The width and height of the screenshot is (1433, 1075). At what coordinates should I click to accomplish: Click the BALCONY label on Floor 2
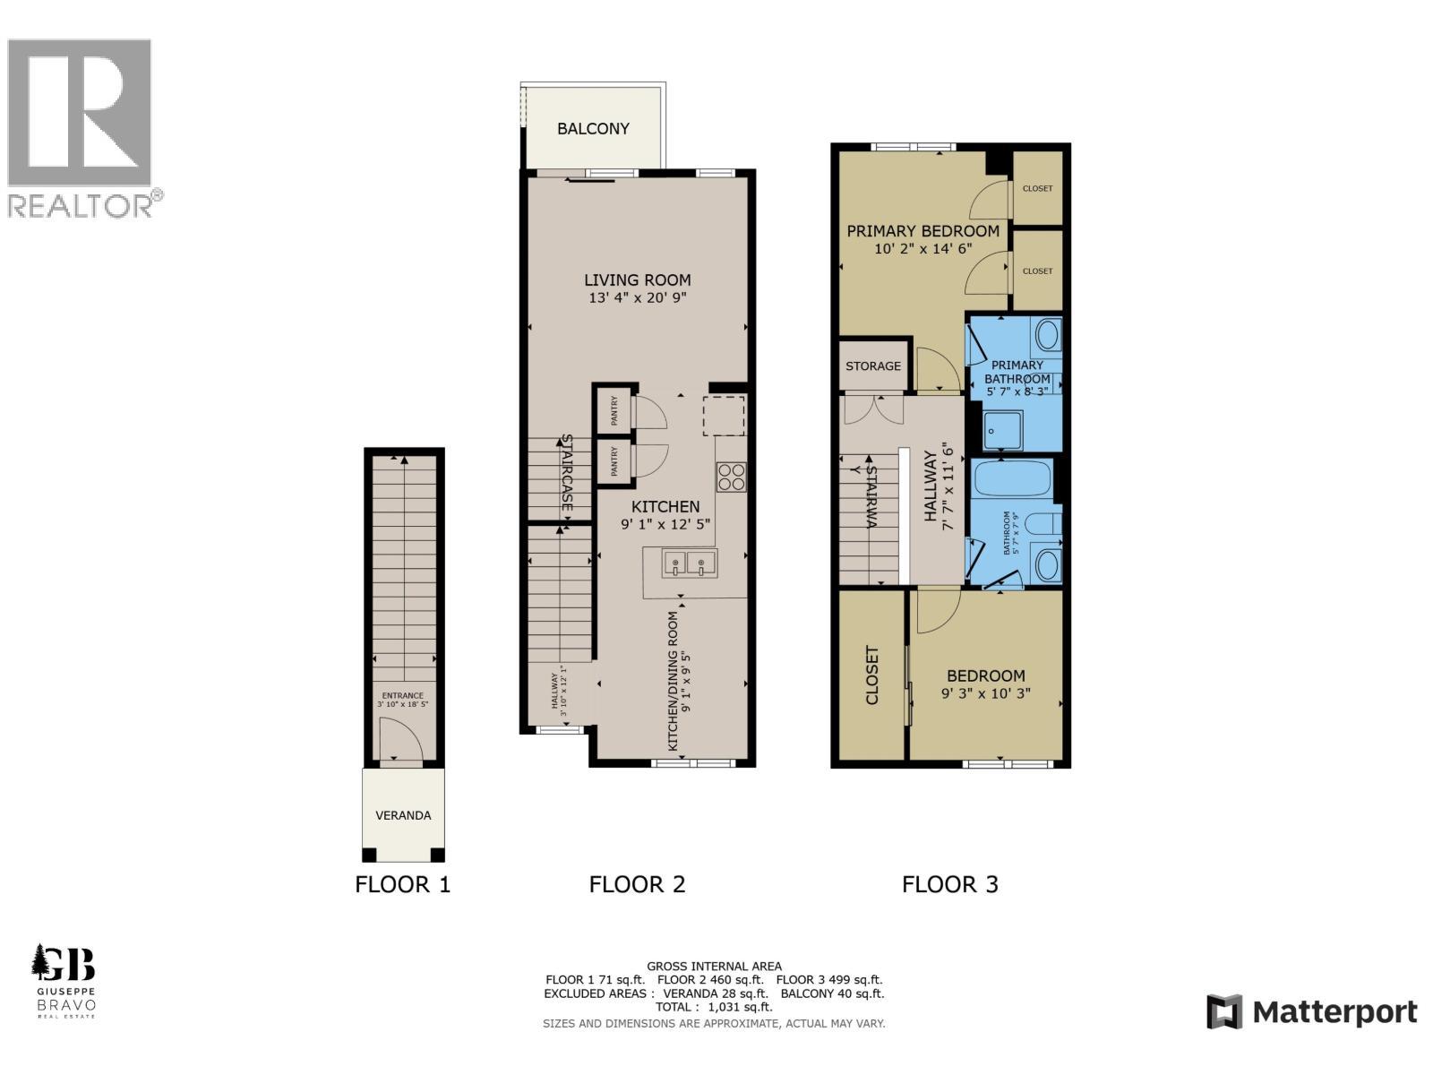click(593, 128)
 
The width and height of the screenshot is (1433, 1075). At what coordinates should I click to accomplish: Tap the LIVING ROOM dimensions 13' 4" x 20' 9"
click(638, 298)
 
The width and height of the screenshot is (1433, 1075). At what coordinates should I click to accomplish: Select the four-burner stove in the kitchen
click(731, 477)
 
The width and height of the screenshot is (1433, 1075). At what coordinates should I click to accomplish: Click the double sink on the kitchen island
click(689, 563)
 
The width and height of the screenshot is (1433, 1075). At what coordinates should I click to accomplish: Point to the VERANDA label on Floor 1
click(403, 815)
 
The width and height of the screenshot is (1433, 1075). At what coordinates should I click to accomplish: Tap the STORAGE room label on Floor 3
click(873, 365)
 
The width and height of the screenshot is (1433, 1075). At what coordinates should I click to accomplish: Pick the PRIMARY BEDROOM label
click(923, 231)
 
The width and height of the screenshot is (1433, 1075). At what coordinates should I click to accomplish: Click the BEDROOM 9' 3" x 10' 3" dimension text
click(986, 693)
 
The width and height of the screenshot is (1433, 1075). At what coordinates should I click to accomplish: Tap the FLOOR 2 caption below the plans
click(637, 884)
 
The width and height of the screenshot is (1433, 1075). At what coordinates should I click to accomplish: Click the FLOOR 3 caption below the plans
click(949, 884)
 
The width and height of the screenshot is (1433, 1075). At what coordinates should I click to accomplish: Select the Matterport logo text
click(1334, 1012)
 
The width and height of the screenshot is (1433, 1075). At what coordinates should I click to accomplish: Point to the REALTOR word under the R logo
click(81, 206)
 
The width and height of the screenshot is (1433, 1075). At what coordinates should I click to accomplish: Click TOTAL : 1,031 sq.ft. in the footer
click(714, 1007)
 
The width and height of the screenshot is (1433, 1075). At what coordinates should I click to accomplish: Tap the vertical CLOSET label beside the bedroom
click(872, 675)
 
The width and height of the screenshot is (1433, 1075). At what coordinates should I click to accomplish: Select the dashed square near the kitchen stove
click(724, 416)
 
